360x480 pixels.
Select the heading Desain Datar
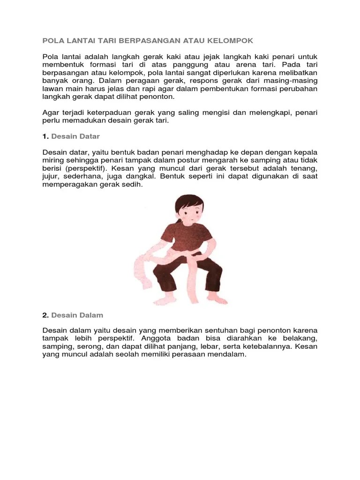tap(75, 136)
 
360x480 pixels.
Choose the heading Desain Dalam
tap(77, 315)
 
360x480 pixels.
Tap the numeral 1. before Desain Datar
tap(45, 136)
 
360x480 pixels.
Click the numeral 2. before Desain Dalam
tap(45, 315)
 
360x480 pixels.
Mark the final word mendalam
tap(227, 355)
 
